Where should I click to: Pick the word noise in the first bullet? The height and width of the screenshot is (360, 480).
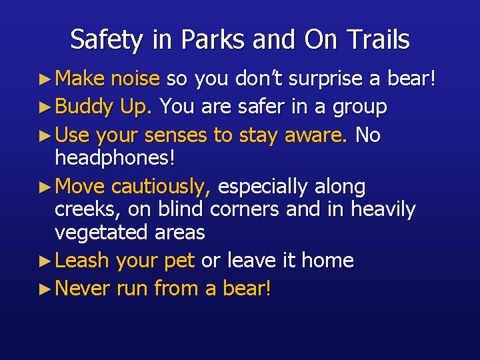click(x=135, y=80)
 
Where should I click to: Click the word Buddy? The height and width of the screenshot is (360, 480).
click(x=85, y=107)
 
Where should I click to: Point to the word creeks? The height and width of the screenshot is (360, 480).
click(x=86, y=209)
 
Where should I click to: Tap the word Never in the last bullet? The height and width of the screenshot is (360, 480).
click(x=83, y=289)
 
